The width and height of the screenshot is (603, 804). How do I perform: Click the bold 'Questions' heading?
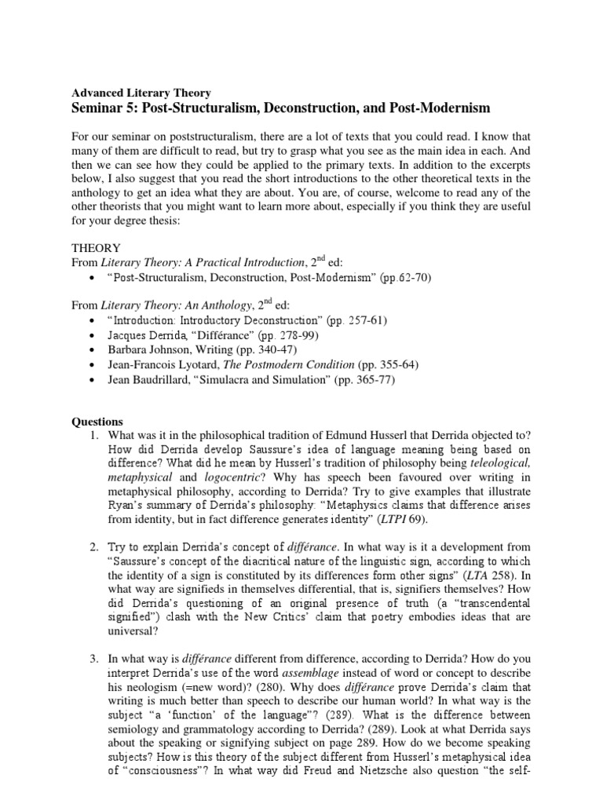tap(99, 422)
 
